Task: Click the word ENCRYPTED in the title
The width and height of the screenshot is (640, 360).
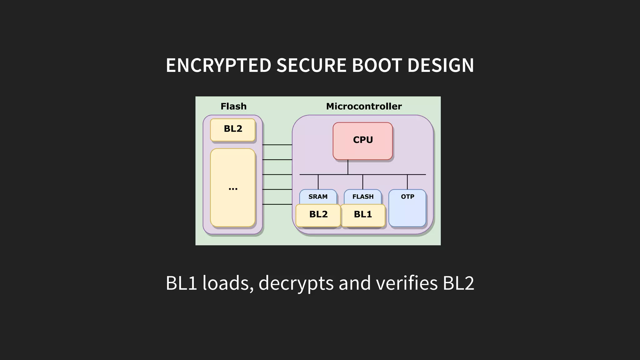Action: click(218, 65)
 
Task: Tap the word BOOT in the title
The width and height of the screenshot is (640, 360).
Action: click(377, 65)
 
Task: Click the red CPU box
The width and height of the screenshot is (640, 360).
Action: click(362, 141)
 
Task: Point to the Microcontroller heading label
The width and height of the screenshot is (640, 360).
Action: click(364, 107)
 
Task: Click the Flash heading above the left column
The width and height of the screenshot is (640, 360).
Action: click(233, 107)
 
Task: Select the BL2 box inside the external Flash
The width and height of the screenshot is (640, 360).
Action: click(233, 129)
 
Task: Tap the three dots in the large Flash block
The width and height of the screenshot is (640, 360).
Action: click(233, 188)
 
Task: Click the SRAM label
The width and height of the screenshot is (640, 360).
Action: click(318, 197)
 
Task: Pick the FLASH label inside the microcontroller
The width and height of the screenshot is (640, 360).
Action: click(363, 197)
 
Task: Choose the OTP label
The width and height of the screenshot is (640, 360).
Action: click(407, 197)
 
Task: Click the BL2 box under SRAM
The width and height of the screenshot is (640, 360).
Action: click(318, 215)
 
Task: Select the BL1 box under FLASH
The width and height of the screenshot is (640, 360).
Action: click(363, 215)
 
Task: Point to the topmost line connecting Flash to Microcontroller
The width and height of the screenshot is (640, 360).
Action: click(277, 145)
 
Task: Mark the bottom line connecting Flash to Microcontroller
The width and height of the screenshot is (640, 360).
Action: click(277, 204)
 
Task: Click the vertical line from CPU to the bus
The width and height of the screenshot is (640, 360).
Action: click(348, 167)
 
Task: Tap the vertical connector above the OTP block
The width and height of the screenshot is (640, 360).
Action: click(407, 182)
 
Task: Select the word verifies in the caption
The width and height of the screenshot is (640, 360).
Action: click(407, 283)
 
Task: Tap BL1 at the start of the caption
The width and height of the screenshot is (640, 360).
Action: click(181, 283)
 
